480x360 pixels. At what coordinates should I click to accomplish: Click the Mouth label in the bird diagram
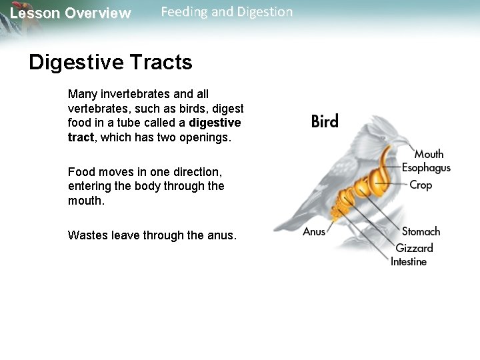pos(429,155)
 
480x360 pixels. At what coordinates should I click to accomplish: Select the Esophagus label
pos(426,168)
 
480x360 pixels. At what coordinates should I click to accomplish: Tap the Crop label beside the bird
pos(421,185)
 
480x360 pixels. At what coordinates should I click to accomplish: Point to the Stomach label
pos(421,232)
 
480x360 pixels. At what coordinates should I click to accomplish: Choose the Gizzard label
pos(414,248)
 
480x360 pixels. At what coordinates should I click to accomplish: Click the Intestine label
pos(409,262)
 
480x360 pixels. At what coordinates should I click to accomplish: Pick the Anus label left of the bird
pos(314,231)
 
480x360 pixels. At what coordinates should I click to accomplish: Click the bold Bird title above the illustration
pos(325,121)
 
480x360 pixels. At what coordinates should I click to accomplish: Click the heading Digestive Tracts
pos(111,63)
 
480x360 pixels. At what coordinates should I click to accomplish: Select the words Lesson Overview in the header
pos(71,13)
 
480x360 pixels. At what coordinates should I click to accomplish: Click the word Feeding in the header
pos(184,12)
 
